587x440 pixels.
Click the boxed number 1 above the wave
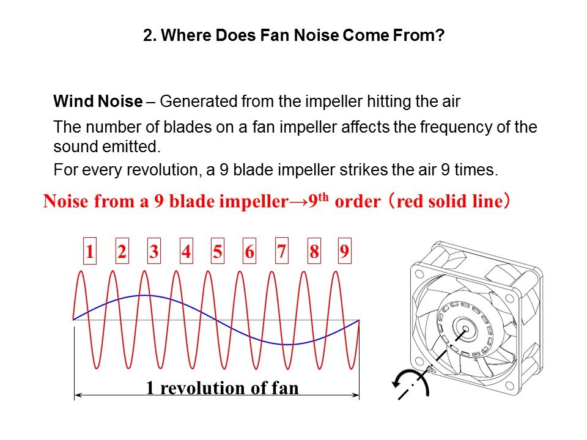(x=89, y=251)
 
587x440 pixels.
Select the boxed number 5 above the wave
(x=218, y=251)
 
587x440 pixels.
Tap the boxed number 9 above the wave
(x=344, y=251)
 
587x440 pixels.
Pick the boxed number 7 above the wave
(x=281, y=251)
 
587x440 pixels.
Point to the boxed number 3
(x=154, y=251)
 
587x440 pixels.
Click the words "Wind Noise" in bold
(x=98, y=101)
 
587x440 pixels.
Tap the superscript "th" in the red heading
(x=323, y=197)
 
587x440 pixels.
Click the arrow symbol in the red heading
(x=298, y=202)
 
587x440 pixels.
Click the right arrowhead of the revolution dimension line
(x=356, y=395)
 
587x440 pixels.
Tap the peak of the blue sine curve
(x=144, y=296)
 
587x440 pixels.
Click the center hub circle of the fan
(x=466, y=329)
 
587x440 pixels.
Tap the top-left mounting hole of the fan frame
(x=419, y=274)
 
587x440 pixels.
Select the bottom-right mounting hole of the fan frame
(x=509, y=385)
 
